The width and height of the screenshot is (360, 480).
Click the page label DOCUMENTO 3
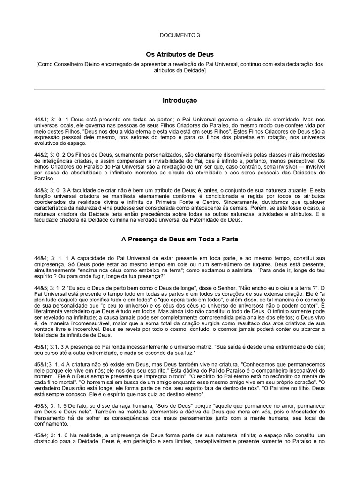pos(180,35)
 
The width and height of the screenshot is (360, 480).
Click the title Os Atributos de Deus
pos(180,54)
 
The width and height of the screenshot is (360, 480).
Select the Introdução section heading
pos(180,100)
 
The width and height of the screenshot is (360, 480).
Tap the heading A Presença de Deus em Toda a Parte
pos(180,239)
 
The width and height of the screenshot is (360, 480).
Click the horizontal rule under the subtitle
pos(180,89)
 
